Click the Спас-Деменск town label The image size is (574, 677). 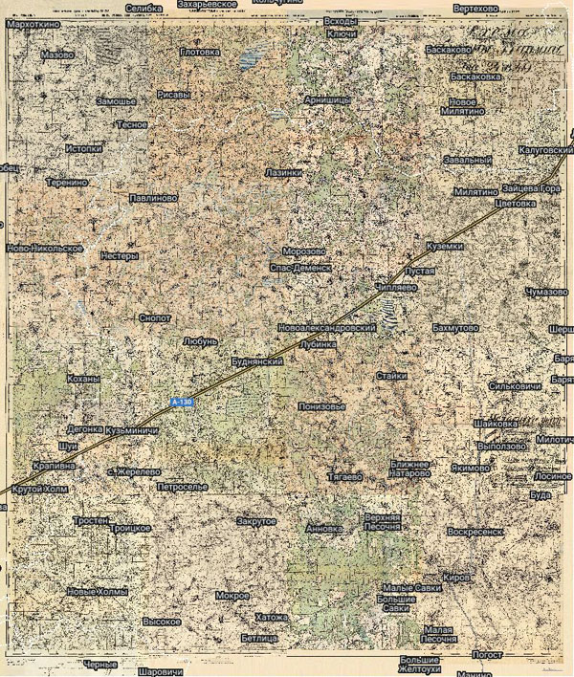click(x=299, y=269)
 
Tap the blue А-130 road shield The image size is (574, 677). click(x=181, y=404)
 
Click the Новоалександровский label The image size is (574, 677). click(x=325, y=328)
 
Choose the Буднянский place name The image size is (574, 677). click(x=259, y=363)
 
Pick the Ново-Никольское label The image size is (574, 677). click(x=45, y=249)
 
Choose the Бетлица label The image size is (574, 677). click(x=259, y=637)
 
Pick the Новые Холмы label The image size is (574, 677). click(x=97, y=593)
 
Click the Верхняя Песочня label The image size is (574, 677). click(x=382, y=522)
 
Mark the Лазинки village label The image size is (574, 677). click(x=283, y=173)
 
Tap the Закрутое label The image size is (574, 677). click(x=255, y=521)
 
